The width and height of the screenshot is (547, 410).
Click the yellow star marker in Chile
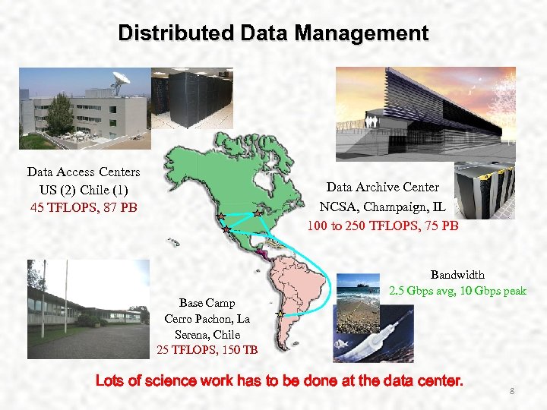(x=280, y=313)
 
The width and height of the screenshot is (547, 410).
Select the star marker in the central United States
(x=257, y=215)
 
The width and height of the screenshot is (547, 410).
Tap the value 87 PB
(x=119, y=206)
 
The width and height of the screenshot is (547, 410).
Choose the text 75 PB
(x=440, y=225)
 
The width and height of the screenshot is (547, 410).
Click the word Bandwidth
(x=457, y=275)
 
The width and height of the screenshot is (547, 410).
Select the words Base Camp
(x=207, y=303)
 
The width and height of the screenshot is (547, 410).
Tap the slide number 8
(x=512, y=391)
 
